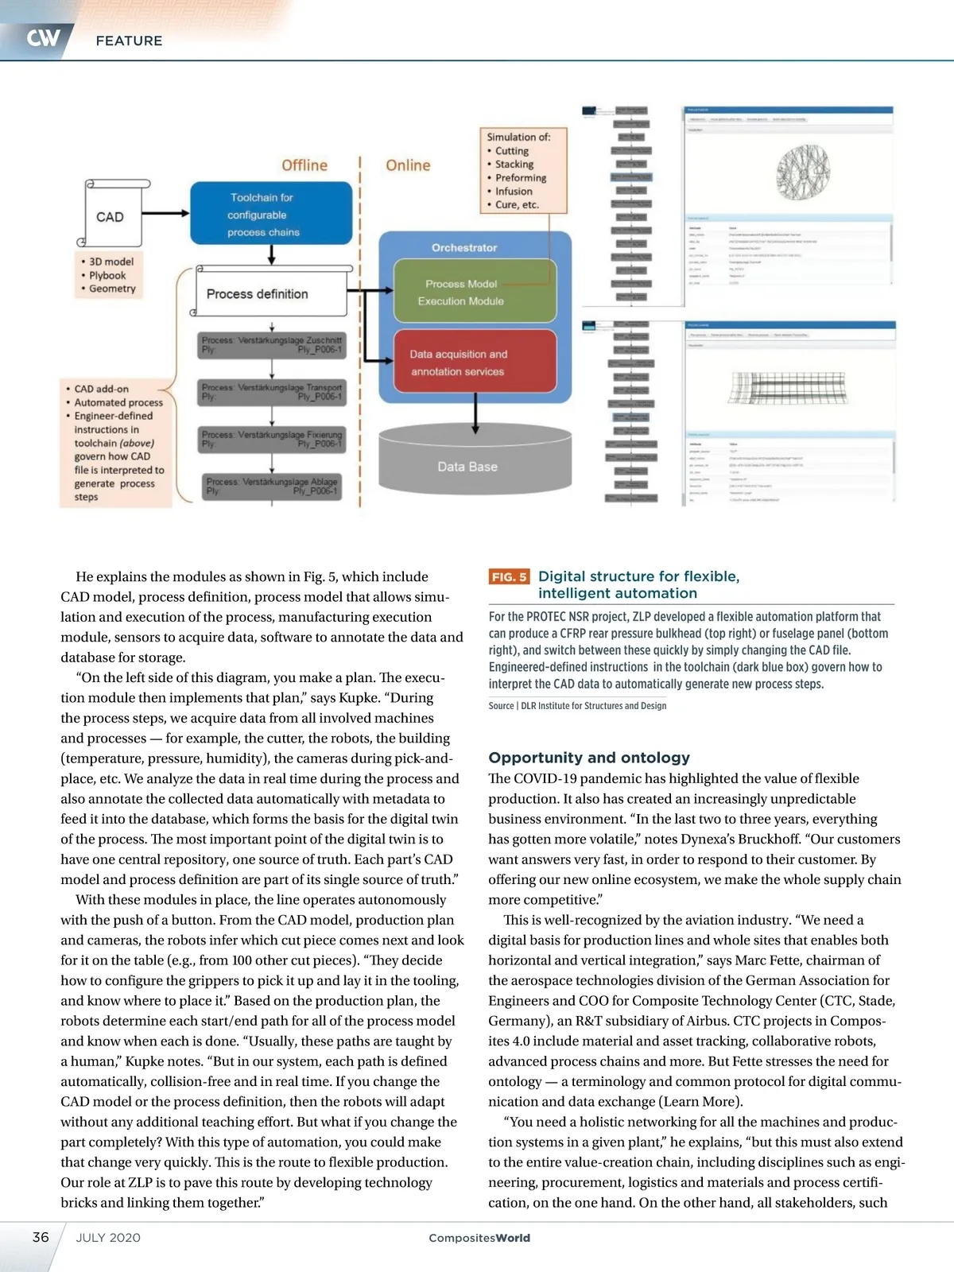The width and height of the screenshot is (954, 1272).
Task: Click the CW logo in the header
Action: coord(43,37)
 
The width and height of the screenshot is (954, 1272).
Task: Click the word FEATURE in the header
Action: coord(129,41)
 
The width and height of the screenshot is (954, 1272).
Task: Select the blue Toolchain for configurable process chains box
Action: coord(270,214)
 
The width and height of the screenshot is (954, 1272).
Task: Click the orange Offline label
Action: coord(304,165)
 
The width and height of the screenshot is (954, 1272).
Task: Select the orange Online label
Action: coord(408,165)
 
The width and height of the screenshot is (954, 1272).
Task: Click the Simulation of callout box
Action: coord(522,170)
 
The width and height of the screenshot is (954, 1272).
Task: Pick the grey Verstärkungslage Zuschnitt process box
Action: coord(272,345)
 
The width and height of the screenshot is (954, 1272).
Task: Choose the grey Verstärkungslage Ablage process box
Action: coord(272,487)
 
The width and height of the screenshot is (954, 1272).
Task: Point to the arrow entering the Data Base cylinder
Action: coord(475,413)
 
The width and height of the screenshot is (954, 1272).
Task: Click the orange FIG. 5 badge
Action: coord(509,576)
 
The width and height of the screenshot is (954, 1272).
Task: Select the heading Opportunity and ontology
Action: coord(589,758)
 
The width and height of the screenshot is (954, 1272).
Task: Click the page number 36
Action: coord(41,1237)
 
